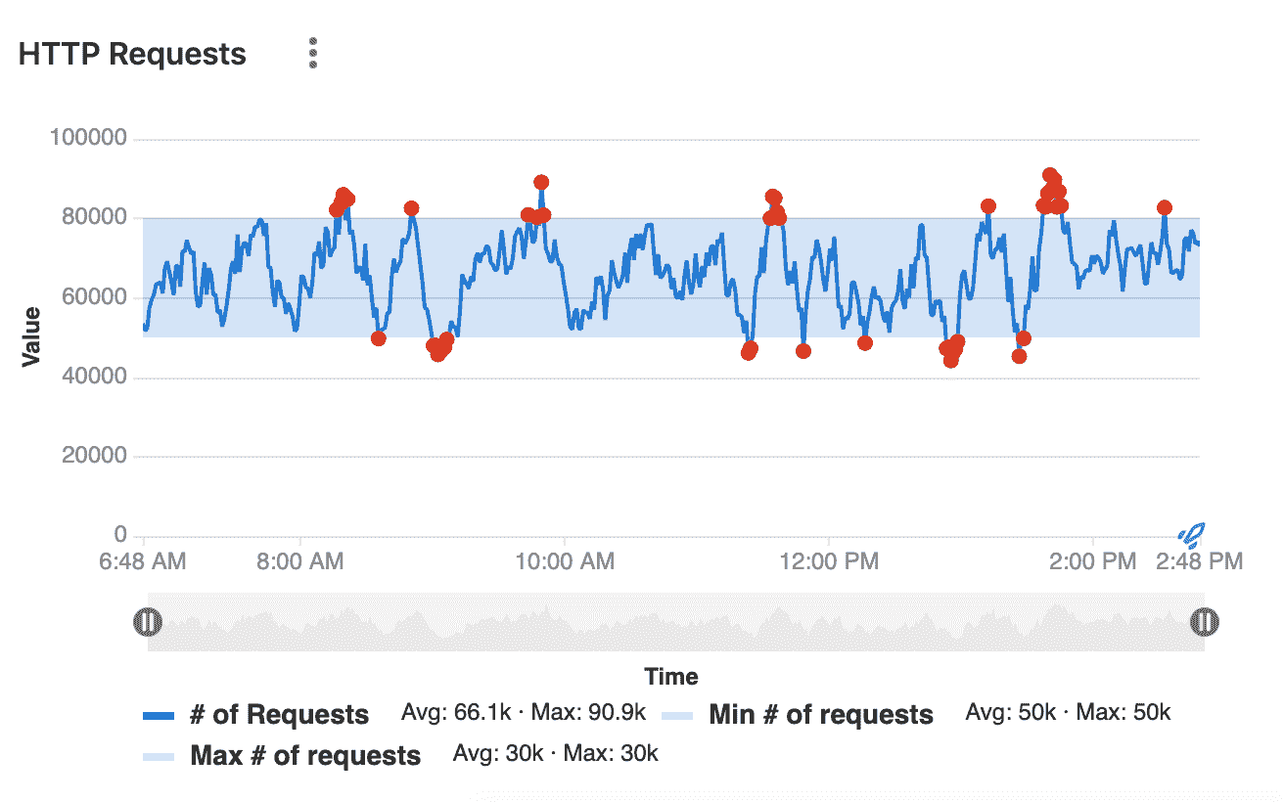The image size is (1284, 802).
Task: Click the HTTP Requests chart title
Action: tap(132, 55)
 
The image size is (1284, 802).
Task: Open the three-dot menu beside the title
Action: tap(313, 54)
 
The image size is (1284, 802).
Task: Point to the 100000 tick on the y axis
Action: tap(88, 139)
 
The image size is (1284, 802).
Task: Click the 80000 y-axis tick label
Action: tap(94, 218)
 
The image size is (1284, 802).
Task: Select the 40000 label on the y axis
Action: tap(94, 378)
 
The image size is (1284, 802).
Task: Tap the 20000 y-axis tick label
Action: tap(94, 457)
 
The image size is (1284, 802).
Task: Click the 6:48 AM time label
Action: tap(143, 561)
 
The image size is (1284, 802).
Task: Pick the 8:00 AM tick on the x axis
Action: tap(301, 561)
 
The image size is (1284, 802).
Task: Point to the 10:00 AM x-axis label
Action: tap(565, 561)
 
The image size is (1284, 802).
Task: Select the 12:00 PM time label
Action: tap(829, 561)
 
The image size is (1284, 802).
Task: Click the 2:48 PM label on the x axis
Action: tap(1200, 561)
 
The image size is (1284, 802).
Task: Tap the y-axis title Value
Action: tap(31, 336)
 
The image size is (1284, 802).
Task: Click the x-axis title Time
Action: tap(671, 677)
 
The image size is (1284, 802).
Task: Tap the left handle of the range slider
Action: tap(147, 622)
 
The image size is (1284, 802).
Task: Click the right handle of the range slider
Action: tap(1204, 622)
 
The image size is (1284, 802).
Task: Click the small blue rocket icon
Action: tap(1192, 534)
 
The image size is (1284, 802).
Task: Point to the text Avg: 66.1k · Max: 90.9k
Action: tap(524, 713)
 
